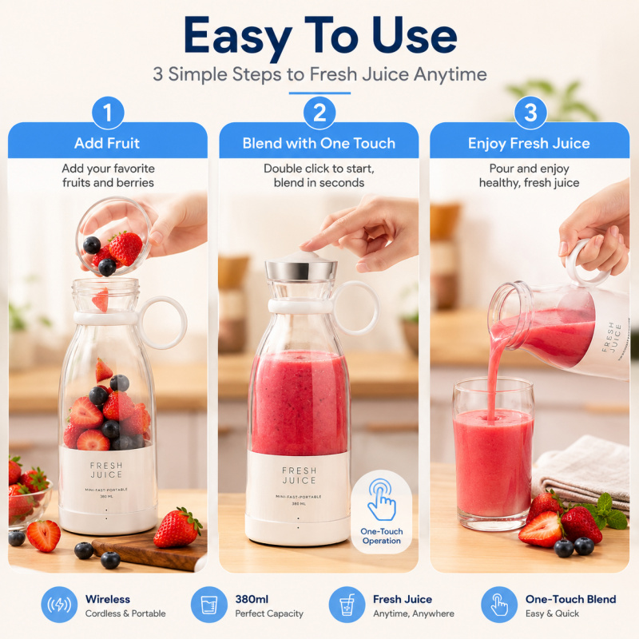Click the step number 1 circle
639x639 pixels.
tap(108, 113)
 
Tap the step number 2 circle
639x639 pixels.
tap(319, 113)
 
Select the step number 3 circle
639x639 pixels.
tap(530, 113)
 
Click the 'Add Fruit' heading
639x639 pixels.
tap(107, 143)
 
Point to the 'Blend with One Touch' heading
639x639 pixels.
tap(319, 143)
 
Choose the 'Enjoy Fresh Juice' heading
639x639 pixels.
tap(529, 144)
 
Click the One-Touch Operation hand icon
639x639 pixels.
tap(382, 500)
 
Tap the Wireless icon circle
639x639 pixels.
tap(59, 605)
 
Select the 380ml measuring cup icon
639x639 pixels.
tap(209, 605)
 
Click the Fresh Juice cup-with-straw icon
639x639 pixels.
tap(347, 605)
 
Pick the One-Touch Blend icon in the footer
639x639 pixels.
tap(499, 605)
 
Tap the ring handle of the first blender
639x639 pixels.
tap(163, 323)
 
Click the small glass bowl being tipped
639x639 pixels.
tap(113, 236)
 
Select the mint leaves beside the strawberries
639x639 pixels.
tap(606, 512)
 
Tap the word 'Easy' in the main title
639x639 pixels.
tap(237, 38)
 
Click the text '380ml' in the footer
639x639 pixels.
tap(252, 599)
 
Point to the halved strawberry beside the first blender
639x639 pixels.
tap(43, 535)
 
